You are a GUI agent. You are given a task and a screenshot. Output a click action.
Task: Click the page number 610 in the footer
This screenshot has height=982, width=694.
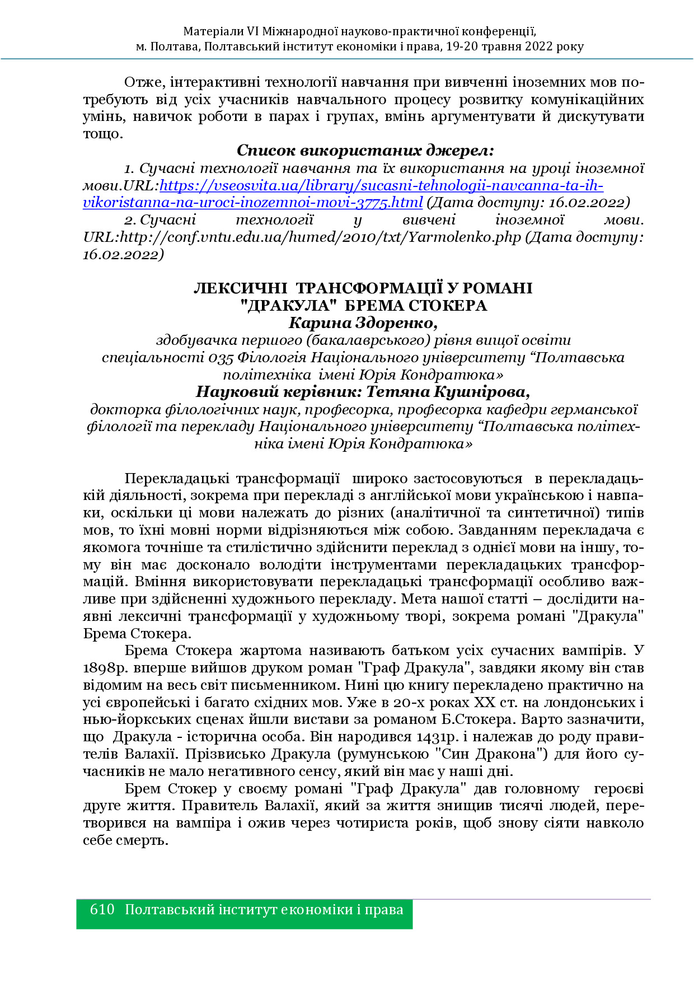(x=102, y=910)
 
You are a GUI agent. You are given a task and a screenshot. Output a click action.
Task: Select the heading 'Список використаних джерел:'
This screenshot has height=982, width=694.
(x=365, y=150)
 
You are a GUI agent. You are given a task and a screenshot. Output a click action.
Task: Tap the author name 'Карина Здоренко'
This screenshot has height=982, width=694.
(x=362, y=323)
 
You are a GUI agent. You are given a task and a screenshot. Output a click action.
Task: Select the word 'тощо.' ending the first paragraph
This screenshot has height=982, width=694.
(x=102, y=134)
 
